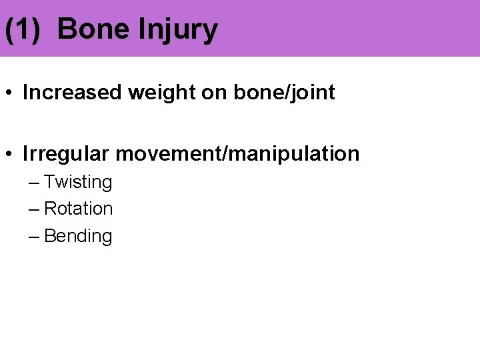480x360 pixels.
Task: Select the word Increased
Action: (x=72, y=93)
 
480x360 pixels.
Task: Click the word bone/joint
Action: (x=284, y=93)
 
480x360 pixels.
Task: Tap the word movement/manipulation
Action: (x=237, y=155)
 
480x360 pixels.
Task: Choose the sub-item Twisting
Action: (x=78, y=183)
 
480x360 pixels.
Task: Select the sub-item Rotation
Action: (x=78, y=209)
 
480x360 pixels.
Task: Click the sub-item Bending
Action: (x=78, y=237)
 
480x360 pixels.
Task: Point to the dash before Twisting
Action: (x=35, y=183)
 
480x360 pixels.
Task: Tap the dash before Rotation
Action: (x=35, y=209)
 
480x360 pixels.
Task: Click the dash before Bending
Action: (x=35, y=237)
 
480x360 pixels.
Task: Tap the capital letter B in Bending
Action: (x=49, y=236)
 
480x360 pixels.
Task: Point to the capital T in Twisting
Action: (x=49, y=182)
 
